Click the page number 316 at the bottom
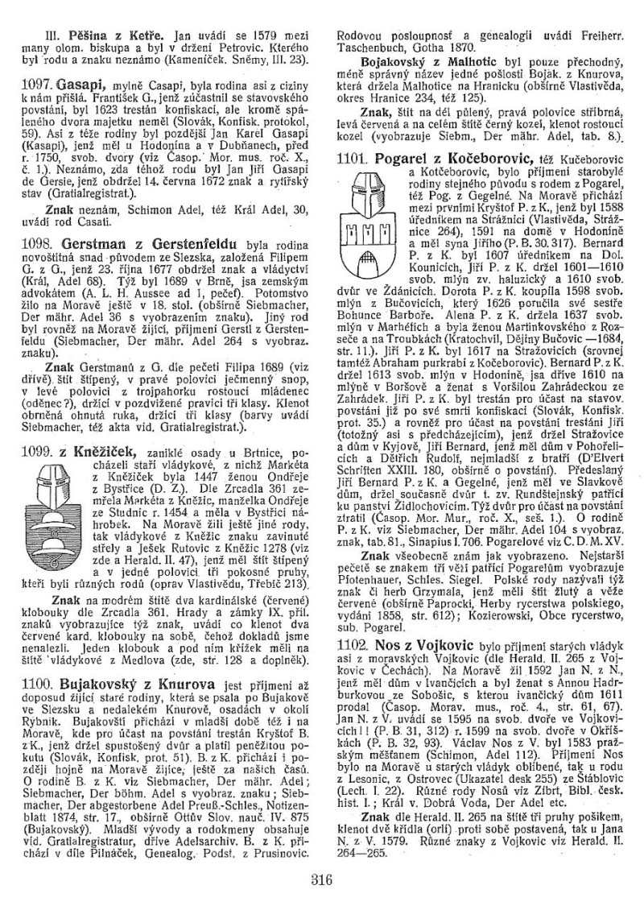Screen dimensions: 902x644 pyautogui.click(x=322, y=879)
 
